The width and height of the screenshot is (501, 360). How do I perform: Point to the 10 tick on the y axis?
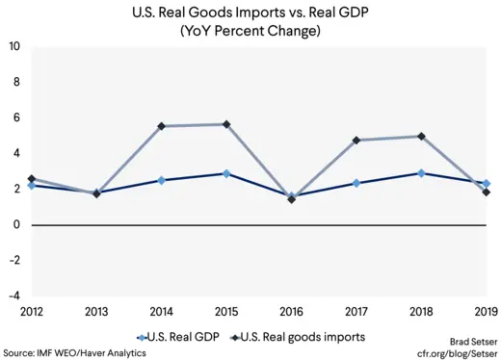pos(14,47)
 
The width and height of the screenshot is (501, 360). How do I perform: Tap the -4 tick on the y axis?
pos(14,296)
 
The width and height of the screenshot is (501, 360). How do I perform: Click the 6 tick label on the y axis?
pos(16,118)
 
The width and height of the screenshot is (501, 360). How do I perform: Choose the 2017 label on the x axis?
pos(356,311)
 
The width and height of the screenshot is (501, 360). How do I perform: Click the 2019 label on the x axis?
pos(486,311)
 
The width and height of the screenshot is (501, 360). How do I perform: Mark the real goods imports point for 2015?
pos(226,124)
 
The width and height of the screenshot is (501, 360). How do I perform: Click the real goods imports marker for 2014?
pos(161,126)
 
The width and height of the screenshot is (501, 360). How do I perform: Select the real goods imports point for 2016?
pos(291,199)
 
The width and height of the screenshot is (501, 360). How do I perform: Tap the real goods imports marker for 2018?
pos(421,137)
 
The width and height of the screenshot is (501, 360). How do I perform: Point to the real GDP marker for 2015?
pos(226,173)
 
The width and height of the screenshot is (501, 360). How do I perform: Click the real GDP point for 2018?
pos(421,173)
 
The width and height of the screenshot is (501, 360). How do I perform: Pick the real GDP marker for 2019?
pos(487,183)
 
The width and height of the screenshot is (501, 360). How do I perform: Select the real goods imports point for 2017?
pos(356,141)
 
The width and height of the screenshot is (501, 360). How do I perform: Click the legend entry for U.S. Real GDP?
pos(182,337)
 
